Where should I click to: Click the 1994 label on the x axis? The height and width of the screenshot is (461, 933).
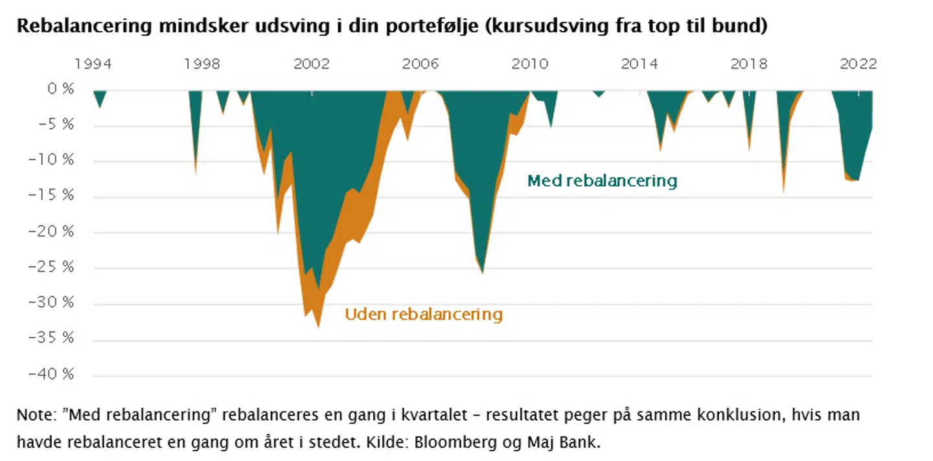pos(93,64)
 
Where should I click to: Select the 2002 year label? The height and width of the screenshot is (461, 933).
pos(312,64)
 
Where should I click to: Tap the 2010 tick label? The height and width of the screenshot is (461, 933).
pos(530,64)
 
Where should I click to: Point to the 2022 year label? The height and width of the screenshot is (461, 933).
pos(858,64)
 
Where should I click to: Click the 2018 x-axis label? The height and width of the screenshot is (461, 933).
pos(749,64)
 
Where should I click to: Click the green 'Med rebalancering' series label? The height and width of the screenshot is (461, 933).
pos(602,180)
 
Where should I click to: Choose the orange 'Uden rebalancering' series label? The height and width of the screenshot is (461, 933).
pos(424,314)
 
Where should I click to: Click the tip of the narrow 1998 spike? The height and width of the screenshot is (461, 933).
pos(196,174)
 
